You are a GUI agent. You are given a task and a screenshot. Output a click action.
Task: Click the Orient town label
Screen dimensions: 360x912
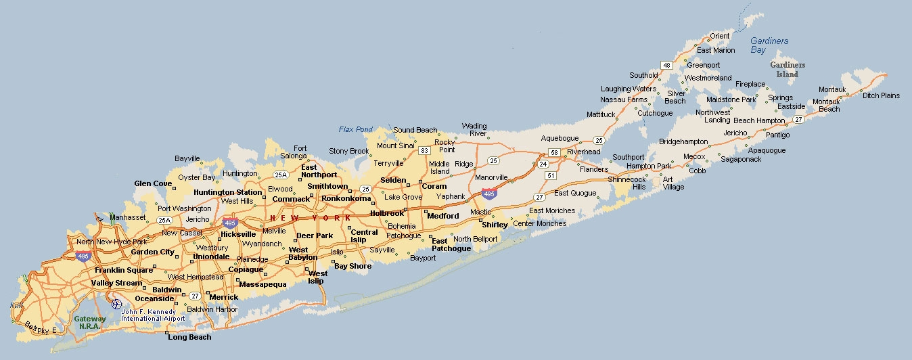pos(720,36)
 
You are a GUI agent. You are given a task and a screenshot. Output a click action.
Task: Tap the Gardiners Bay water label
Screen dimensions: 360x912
pos(769,45)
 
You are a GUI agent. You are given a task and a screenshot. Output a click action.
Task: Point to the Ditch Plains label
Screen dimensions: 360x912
pos(881,95)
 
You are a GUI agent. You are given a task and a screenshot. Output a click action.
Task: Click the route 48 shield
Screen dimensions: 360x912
pos(667,65)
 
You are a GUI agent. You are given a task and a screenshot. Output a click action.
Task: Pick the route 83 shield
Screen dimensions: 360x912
pos(424,150)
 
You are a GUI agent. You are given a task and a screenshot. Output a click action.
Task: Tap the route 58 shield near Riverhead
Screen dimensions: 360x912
pos(553,152)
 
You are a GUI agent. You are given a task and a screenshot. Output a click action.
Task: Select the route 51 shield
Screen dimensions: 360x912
pos(551,176)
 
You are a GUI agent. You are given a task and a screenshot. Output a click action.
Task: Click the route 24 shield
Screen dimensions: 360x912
pos(543,164)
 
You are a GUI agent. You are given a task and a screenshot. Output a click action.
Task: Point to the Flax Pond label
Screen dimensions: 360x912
pos(356,129)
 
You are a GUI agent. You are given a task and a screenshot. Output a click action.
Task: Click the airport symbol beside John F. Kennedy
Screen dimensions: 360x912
pos(116,304)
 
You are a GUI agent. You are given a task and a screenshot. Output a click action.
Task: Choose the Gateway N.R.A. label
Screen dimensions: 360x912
pos(90,322)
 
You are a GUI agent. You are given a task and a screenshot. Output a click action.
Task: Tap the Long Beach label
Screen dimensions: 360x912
pos(189,337)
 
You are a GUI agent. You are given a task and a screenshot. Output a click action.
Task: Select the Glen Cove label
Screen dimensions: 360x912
pos(153,183)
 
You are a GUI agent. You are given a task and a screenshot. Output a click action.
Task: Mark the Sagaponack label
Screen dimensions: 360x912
pos(741,159)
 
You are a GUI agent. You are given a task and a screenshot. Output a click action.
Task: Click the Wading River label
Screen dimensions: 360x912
pos(474,130)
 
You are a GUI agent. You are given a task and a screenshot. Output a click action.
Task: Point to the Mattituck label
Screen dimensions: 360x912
pos(601,114)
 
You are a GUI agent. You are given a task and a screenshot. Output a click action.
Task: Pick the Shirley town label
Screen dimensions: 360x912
pos(495,225)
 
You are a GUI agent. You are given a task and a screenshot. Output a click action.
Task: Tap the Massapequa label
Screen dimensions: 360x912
pos(263,284)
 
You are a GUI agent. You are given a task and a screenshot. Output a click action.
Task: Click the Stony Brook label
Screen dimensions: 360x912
pos(349,151)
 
